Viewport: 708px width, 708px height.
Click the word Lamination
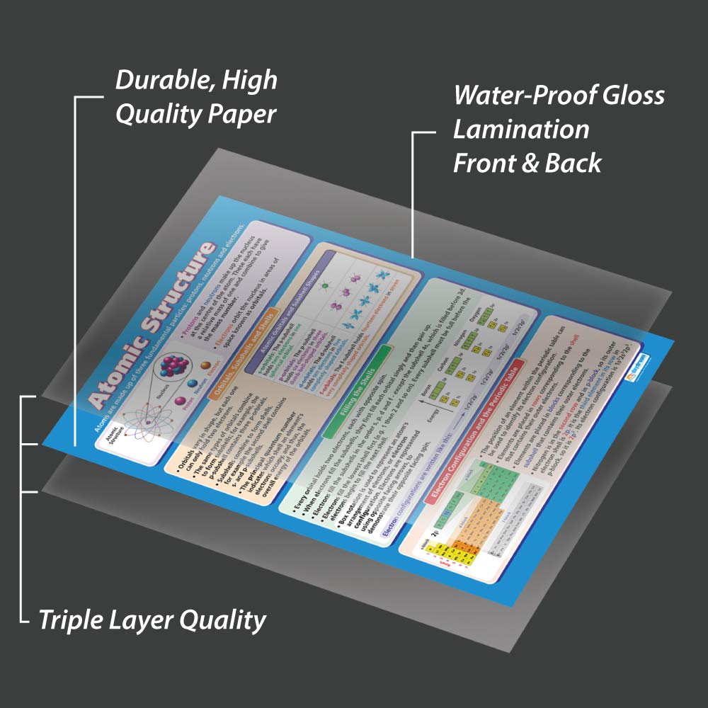(x=521, y=130)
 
